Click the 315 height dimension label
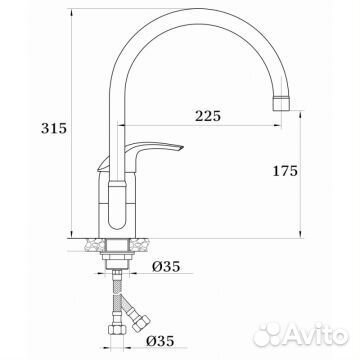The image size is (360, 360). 54,128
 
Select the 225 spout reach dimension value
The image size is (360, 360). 208,116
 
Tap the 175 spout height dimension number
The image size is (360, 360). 285,171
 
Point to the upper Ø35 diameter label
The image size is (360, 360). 166,266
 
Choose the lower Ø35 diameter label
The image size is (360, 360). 160,341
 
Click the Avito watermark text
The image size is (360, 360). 314,334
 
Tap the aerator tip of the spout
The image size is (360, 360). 282,103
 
